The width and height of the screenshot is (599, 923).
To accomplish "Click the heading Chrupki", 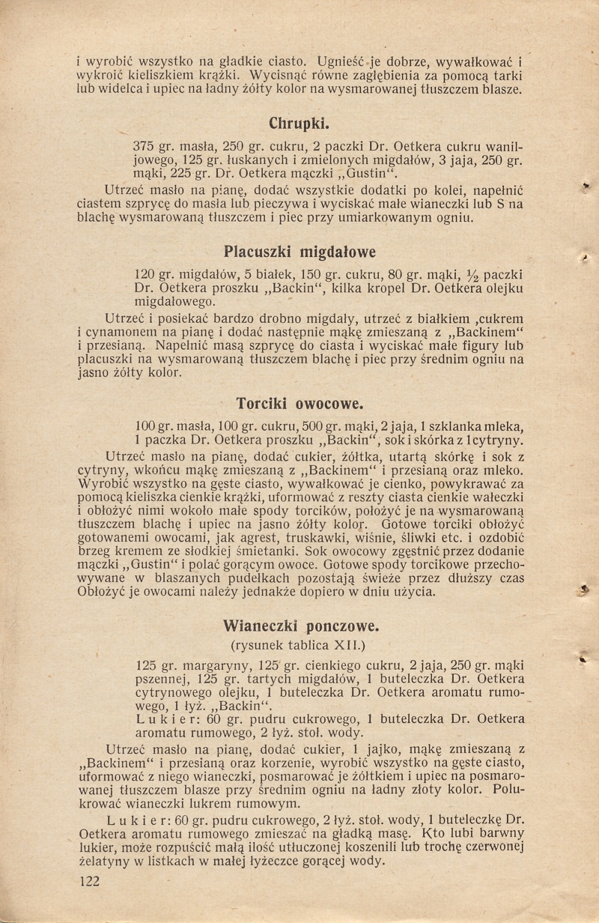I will coord(299,123).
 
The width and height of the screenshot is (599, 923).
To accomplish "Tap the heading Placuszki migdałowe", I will coord(299,250).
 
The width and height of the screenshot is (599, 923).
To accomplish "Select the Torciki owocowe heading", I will coord(299,403).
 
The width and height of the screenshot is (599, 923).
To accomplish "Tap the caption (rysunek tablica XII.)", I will coord(299,642).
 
